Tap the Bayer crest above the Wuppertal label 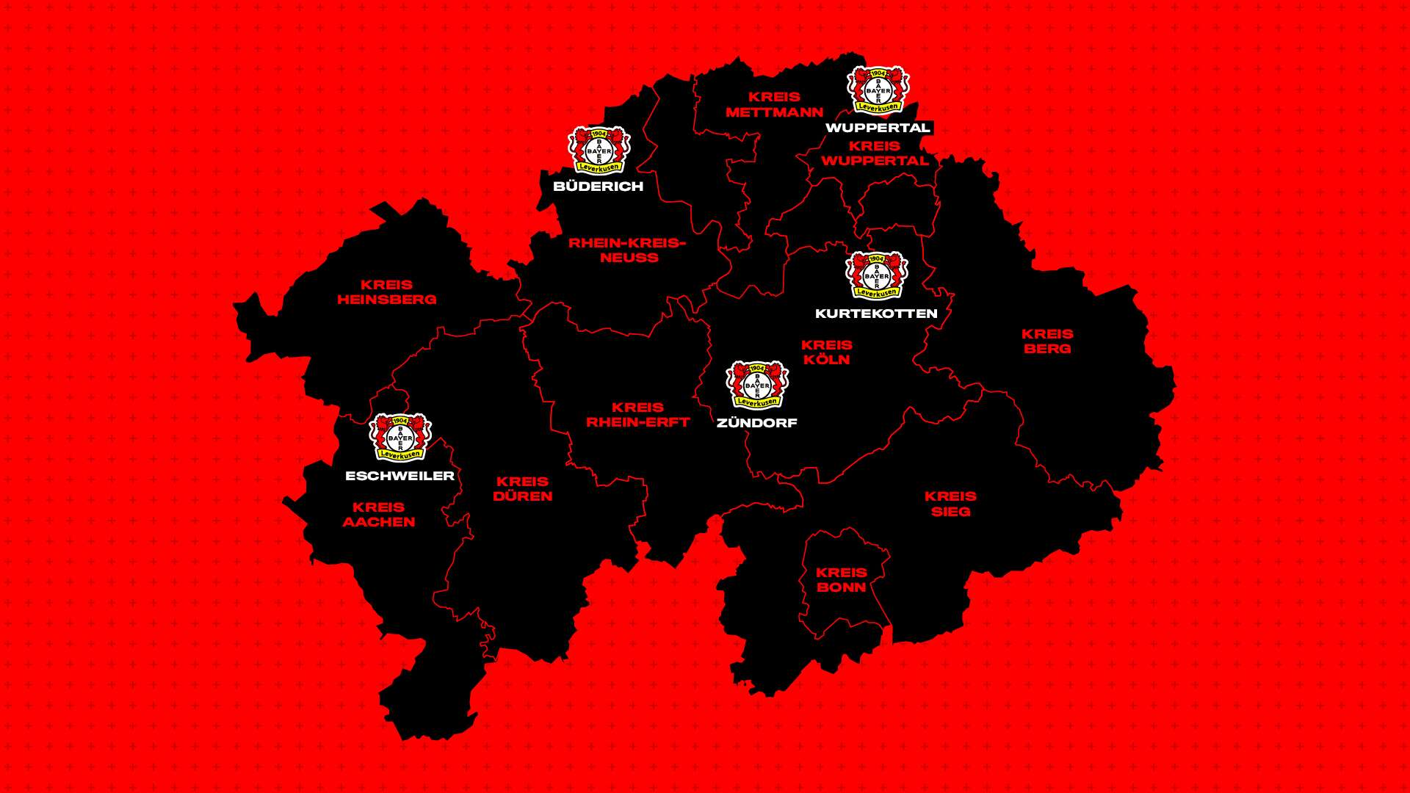878,90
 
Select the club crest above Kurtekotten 877,276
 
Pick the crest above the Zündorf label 757,385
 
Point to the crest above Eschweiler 400,438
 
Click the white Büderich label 599,187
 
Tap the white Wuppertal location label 878,128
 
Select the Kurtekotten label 876,314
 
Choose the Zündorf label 757,423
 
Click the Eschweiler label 400,476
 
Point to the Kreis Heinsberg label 387,292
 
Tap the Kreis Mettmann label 775,104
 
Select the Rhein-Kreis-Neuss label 628,250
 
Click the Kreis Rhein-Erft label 637,415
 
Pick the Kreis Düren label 523,489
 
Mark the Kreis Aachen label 379,515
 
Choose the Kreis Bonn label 842,580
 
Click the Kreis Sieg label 951,504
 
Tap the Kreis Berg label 1048,341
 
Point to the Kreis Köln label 827,352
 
